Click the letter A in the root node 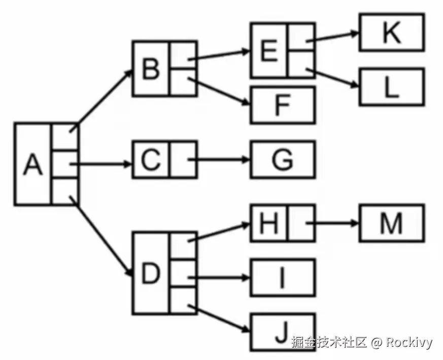coord(33,164)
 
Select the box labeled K coord(391,33)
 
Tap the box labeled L coord(391,87)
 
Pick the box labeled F coord(283,105)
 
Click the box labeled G coord(283,160)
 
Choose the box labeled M coord(391,223)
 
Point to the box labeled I coord(283,277)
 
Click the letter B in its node coord(150,68)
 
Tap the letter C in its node coord(150,160)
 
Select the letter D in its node coord(150,274)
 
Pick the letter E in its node coord(269,51)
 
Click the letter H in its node coord(269,223)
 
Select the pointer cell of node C coord(183,160)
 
